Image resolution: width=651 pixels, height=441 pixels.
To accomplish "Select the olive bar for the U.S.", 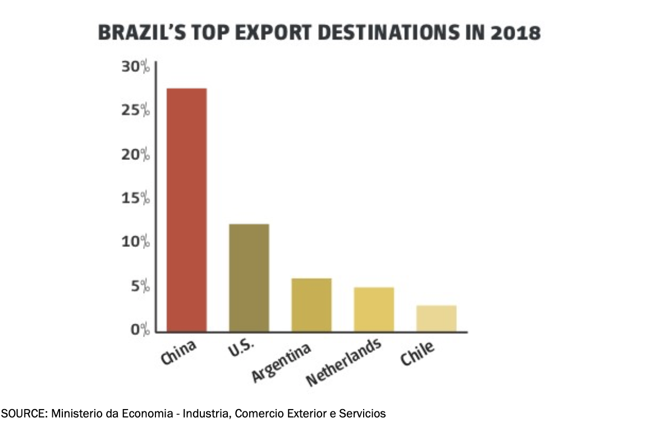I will point(249,278).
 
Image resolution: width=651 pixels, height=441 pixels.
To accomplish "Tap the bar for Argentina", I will point(311,305).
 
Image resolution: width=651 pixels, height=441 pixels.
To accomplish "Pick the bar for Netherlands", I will point(373,309).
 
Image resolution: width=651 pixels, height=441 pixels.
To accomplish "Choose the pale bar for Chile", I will point(436,318).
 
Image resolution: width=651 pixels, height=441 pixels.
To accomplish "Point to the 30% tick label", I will point(135,67).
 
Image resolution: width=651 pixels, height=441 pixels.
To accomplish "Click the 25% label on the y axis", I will point(135,111).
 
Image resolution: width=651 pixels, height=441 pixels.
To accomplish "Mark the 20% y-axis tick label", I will point(135,154).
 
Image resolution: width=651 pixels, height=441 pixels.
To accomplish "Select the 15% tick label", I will point(135,198).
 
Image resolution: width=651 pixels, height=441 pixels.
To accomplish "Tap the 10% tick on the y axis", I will point(135,242).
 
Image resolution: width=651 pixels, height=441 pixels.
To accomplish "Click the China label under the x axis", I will point(178,352).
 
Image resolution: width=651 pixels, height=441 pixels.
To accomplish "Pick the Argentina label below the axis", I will point(281,362).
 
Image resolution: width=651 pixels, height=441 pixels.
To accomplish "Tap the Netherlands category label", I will point(343,363).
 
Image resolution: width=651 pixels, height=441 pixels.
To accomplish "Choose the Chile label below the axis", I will point(417,353).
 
